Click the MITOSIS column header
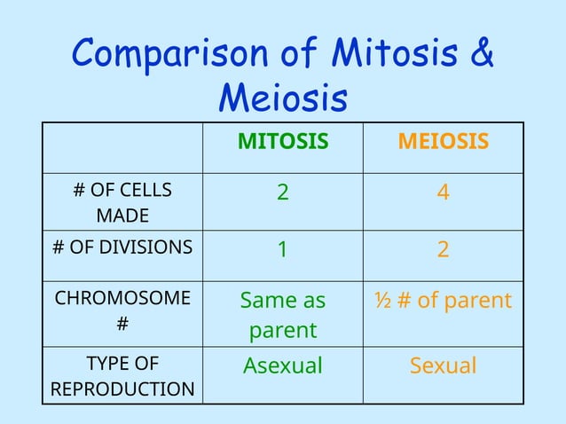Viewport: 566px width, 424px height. pyautogui.click(x=282, y=142)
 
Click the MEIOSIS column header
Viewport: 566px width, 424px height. pyautogui.click(x=443, y=142)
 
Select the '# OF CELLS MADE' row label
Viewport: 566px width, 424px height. pyautogui.click(x=122, y=203)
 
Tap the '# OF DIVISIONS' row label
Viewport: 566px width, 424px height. pyautogui.click(x=122, y=247)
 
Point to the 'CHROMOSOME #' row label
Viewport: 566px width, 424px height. pyautogui.click(x=122, y=311)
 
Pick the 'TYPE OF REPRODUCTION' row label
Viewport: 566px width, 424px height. pyautogui.click(x=122, y=376)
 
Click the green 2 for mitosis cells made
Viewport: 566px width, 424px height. pyautogui.click(x=282, y=192)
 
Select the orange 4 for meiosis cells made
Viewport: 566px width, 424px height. pyautogui.click(x=443, y=192)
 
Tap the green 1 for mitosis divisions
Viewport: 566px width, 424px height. pyautogui.click(x=282, y=250)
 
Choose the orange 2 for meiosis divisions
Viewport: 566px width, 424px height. pyautogui.click(x=443, y=250)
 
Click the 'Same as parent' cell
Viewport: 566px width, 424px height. pyautogui.click(x=282, y=315)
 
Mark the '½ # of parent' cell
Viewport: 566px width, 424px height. pyautogui.click(x=443, y=301)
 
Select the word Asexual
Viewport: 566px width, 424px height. pyautogui.click(x=282, y=365)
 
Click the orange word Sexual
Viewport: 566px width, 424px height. pyautogui.click(x=443, y=365)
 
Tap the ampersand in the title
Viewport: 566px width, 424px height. pyautogui.click(x=479, y=55)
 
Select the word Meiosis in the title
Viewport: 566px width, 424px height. pyautogui.click(x=282, y=98)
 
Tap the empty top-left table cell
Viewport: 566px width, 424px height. pyautogui.click(x=122, y=147)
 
